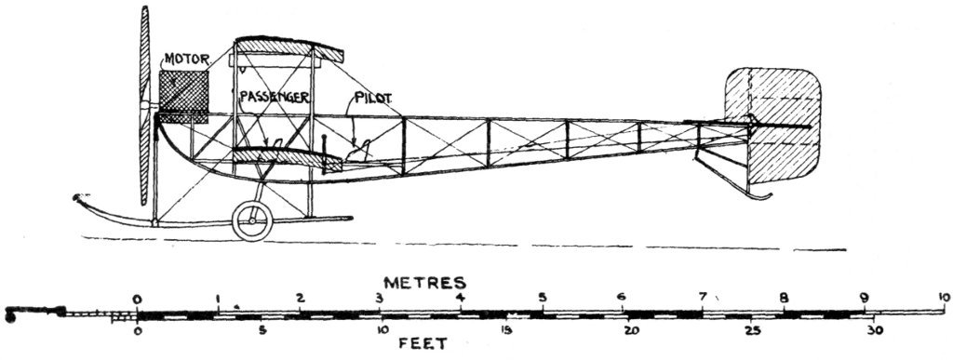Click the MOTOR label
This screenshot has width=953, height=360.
187,60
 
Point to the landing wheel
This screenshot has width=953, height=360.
251,220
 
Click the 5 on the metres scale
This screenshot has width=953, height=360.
542,298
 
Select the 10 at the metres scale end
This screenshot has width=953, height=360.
944,298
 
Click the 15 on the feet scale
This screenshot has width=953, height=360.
507,330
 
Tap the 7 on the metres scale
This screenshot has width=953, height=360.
703,298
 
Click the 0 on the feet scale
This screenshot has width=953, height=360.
138,330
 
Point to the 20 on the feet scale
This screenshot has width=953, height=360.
630,330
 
